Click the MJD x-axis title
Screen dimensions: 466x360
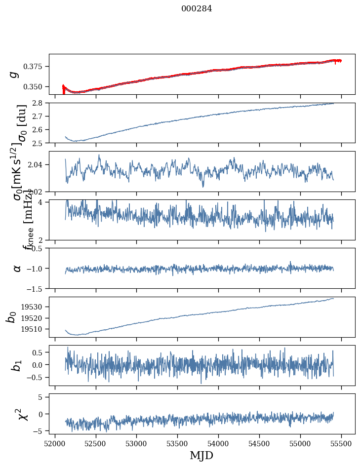201,455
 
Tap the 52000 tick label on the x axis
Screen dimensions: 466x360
55,443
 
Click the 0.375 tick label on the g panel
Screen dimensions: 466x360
36,67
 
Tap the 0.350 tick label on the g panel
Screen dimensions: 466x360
36,87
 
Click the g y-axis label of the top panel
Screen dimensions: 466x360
15,74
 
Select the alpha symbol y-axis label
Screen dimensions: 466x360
17,268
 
